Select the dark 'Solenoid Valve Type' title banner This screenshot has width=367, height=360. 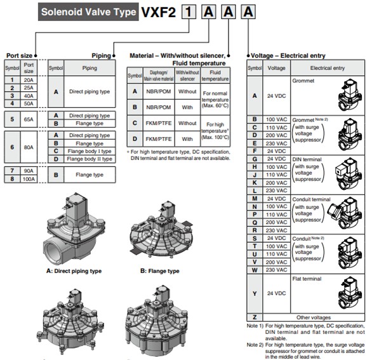87,11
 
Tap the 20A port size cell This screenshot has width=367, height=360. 29,80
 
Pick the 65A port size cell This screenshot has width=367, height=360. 29,119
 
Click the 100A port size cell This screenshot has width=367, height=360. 29,179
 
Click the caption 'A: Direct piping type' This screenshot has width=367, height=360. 74,271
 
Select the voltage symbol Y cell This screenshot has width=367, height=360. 254,293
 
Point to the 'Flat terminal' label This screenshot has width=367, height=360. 307,278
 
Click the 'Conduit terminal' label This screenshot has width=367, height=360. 310,199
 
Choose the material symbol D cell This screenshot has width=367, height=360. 135,138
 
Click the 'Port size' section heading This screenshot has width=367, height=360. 19,55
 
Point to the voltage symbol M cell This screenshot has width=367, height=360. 254,199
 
